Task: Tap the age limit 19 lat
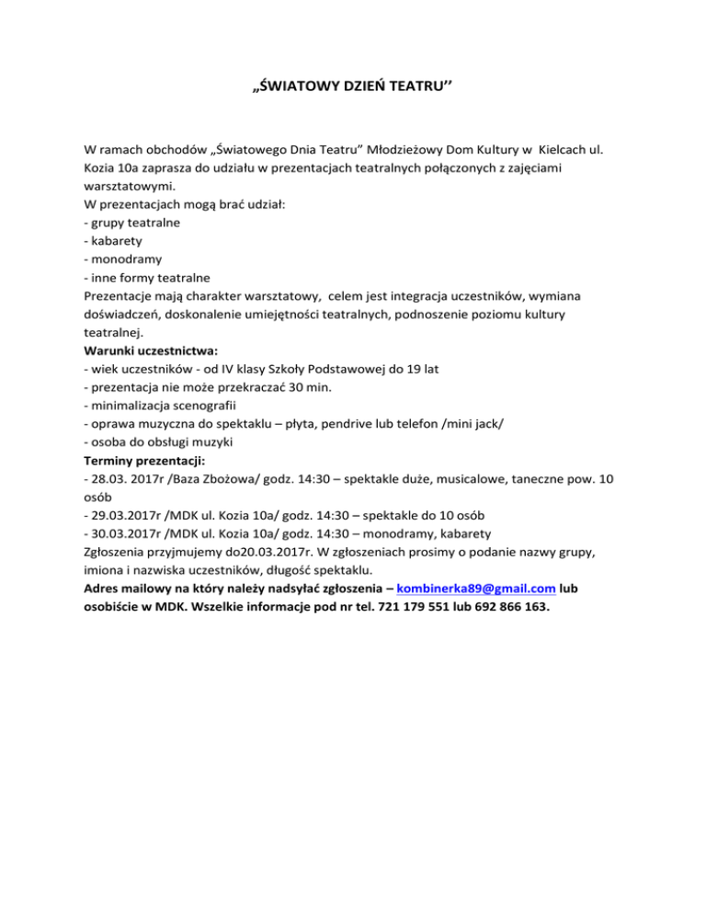(x=418, y=369)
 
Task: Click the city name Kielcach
(x=570, y=148)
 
